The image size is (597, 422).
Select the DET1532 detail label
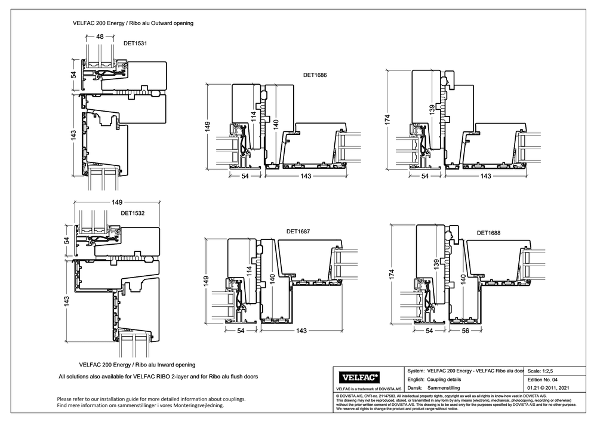133,212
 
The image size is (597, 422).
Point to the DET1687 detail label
298,231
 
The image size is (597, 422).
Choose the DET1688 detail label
488,233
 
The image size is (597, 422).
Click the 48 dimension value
100,36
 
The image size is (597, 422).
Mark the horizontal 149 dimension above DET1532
117,202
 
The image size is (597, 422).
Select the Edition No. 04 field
543,380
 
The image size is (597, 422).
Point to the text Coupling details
444,380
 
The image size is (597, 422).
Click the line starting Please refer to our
150,399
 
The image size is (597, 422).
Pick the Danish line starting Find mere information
140,405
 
